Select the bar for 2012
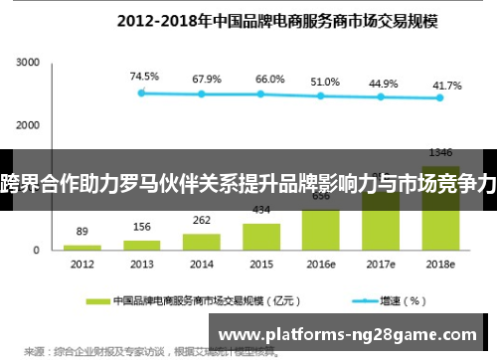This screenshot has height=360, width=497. click(83, 247)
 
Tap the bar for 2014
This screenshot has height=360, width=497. click(202, 241)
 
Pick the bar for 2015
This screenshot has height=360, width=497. click(261, 236)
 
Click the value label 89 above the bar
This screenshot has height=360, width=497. click(83, 231)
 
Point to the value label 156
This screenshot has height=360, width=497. click(142, 226)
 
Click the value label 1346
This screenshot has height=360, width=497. click(440, 152)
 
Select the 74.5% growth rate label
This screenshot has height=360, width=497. click(142, 76)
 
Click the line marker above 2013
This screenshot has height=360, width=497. click(142, 92)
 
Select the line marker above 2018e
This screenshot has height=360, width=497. click(440, 97)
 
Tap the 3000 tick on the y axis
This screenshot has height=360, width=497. click(27, 63)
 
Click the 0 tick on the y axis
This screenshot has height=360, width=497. click(36, 250)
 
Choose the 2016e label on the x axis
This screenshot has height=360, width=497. click(321, 265)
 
